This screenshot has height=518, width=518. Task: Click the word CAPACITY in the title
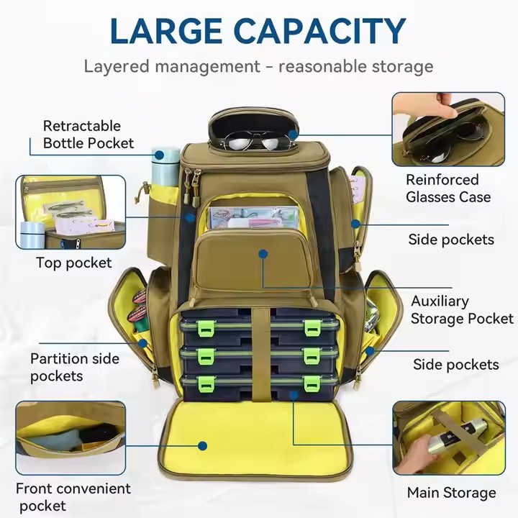tap(319, 31)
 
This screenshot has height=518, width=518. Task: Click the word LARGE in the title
tap(166, 31)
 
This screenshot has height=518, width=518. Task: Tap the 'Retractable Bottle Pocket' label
tap(88, 135)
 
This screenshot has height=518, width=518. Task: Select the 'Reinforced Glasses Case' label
tap(448, 188)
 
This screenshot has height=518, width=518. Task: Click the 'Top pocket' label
tap(74, 263)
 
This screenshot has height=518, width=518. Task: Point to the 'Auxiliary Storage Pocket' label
tap(462, 310)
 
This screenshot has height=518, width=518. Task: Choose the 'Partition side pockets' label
tap(75, 368)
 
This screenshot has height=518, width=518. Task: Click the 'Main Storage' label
tap(451, 493)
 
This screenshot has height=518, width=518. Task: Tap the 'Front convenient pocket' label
tap(73, 497)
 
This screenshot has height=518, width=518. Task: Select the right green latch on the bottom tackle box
tap(312, 384)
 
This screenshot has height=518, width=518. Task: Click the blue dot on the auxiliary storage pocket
tap(263, 254)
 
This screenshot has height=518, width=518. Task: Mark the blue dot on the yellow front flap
tap(202, 446)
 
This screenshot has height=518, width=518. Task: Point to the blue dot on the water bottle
tap(160, 155)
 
